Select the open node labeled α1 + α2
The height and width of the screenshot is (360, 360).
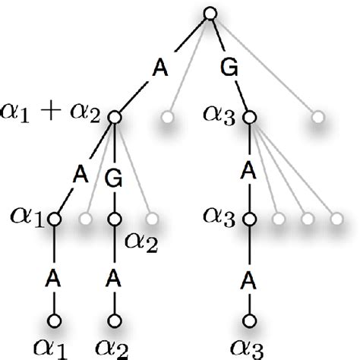(x=115, y=117)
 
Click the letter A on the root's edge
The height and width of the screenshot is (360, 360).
(x=162, y=67)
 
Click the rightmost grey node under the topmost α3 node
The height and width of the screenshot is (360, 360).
(x=336, y=219)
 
